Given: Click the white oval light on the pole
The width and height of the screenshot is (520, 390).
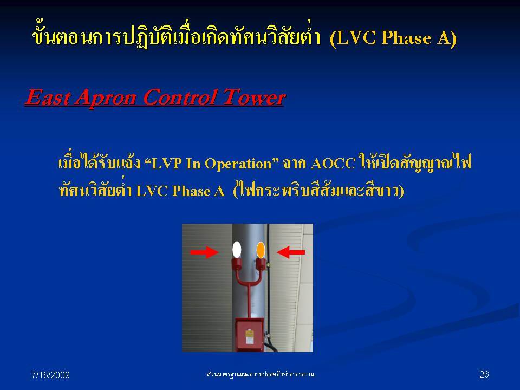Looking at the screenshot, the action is click(237, 250).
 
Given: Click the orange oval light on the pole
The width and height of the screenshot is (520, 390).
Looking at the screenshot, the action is click(261, 250).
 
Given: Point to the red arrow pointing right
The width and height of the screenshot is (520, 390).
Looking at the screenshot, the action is click(204, 252).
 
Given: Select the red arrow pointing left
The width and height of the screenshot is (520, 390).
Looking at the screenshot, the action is click(291, 252).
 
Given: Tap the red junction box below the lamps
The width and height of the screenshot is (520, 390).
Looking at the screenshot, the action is click(250, 335).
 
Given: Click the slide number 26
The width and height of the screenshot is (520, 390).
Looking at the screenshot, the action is click(484, 374).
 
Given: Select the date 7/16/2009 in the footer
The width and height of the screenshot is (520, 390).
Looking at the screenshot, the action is click(51, 375).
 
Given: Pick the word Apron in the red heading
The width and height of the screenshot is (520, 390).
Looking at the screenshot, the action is click(106, 98).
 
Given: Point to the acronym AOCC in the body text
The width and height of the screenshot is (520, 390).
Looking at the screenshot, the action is click(333, 164).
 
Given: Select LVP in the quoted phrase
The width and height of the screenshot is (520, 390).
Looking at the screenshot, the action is click(164, 164).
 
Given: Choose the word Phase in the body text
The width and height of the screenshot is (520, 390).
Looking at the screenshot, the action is click(191, 191).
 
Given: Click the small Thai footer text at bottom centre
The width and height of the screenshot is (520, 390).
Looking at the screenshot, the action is click(261, 374).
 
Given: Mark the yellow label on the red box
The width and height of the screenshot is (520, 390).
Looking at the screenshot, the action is click(249, 336).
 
